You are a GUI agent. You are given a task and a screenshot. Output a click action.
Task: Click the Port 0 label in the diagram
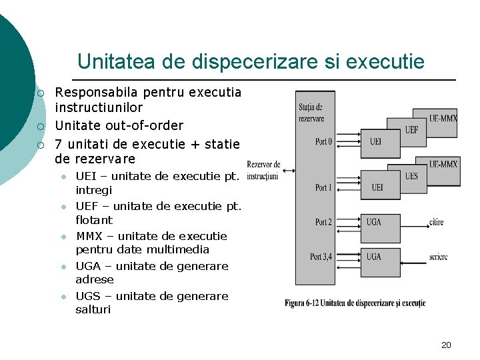click(x=323, y=141)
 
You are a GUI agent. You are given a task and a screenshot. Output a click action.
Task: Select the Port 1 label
click(x=323, y=187)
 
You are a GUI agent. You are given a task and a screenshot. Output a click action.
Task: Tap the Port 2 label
click(x=323, y=222)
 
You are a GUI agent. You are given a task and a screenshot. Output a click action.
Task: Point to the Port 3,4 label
click(x=323, y=257)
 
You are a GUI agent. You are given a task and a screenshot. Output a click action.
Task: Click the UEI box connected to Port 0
click(x=376, y=141)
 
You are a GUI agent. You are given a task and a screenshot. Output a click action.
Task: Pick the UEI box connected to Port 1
click(x=377, y=187)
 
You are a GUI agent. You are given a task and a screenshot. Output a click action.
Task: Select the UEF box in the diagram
click(x=411, y=129)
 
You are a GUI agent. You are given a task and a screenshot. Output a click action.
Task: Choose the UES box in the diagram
click(x=411, y=176)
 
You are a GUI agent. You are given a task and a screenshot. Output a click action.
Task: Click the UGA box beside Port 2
click(x=374, y=222)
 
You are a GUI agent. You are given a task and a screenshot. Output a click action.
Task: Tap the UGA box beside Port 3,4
click(x=374, y=257)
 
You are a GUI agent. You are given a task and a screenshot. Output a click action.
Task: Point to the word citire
click(x=437, y=222)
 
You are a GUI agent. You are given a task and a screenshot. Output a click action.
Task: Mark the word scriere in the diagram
click(x=439, y=257)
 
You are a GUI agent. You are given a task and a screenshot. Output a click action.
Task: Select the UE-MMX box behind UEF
click(x=443, y=118)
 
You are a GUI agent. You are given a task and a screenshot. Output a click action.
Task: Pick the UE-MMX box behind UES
click(x=443, y=164)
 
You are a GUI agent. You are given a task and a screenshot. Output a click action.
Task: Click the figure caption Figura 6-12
click(x=355, y=303)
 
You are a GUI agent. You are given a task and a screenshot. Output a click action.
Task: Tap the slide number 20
click(x=446, y=345)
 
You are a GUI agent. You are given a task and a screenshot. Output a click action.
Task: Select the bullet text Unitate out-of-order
click(x=119, y=125)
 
